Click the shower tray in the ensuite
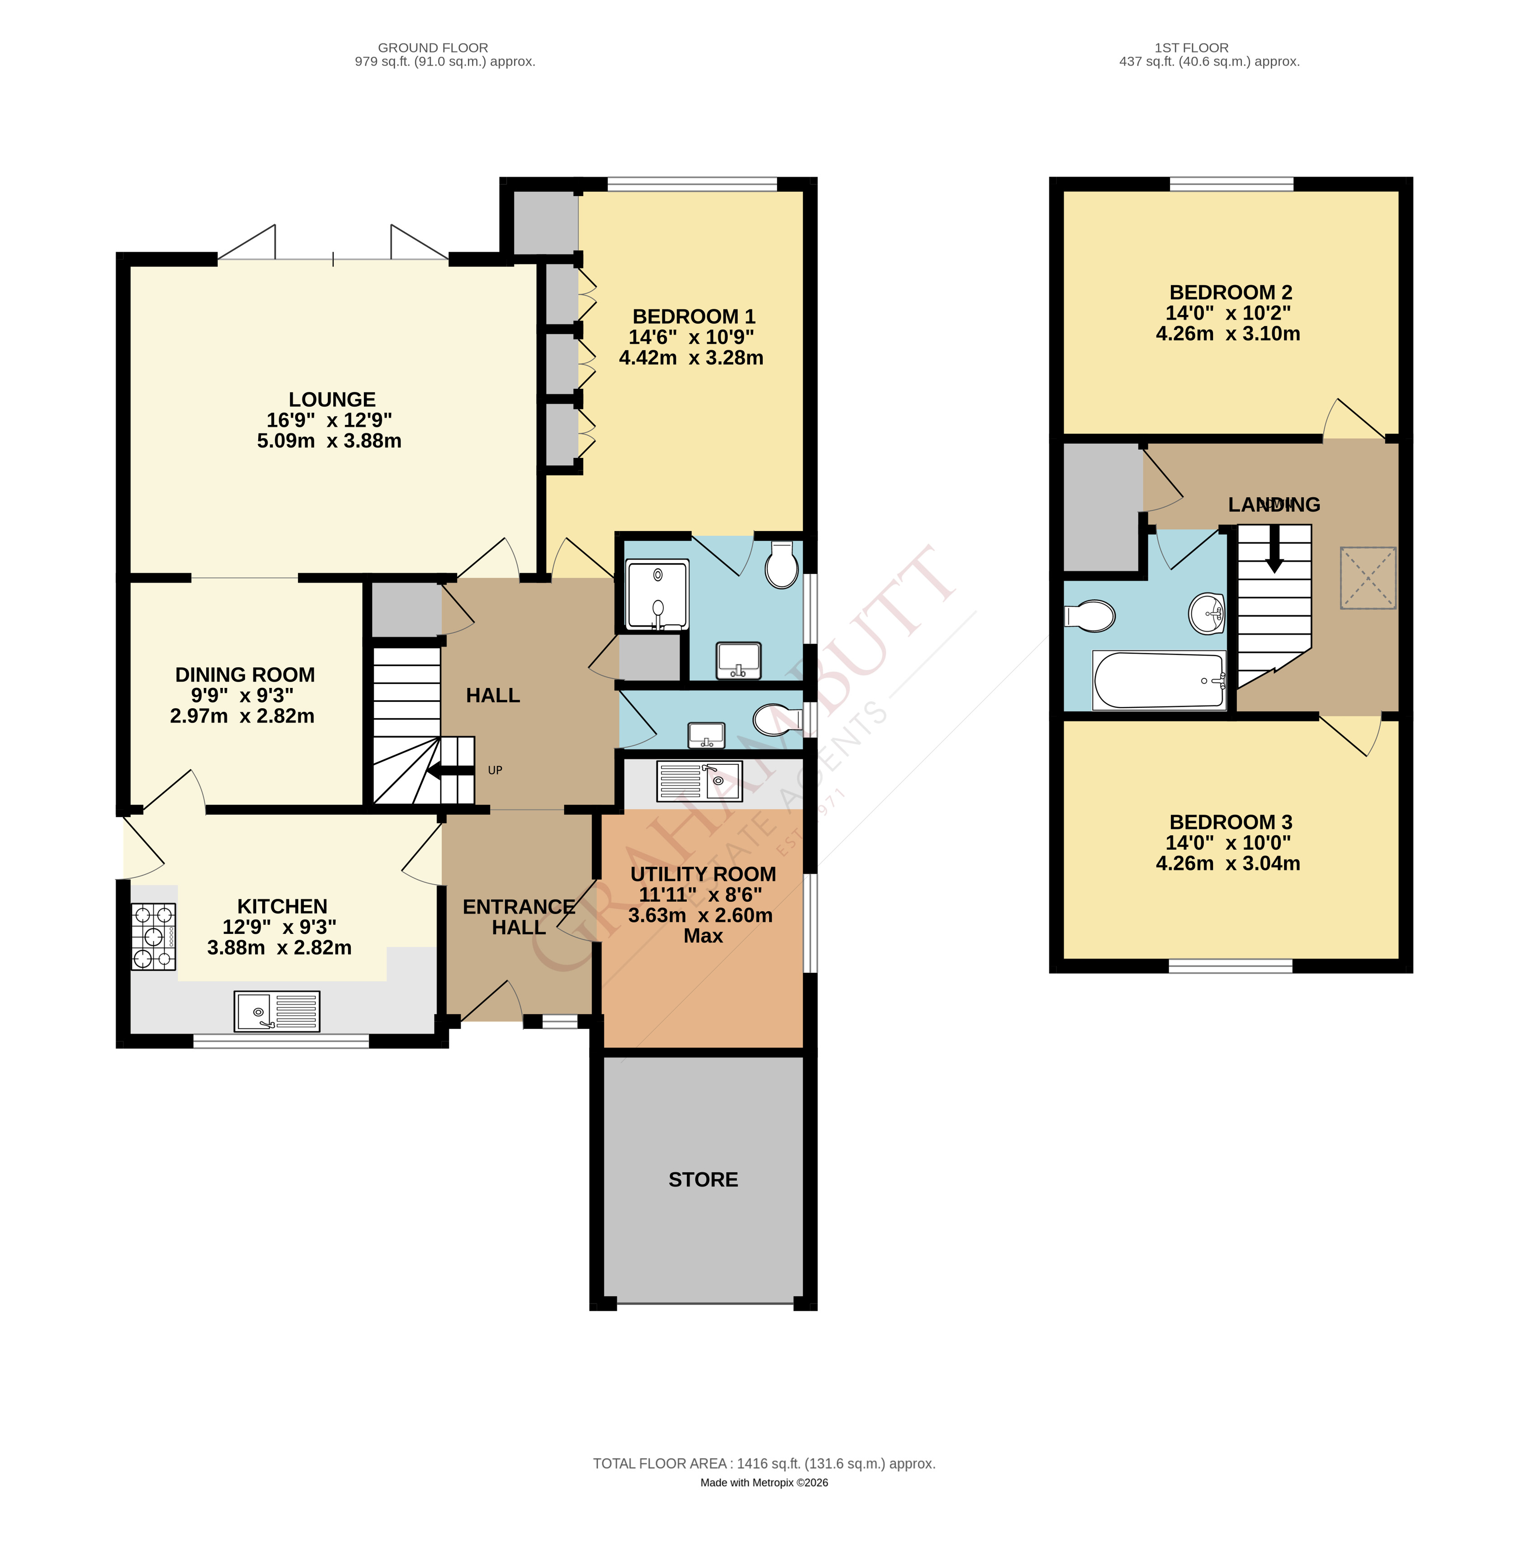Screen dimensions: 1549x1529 tap(656, 594)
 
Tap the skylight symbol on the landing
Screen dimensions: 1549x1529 tap(1367, 577)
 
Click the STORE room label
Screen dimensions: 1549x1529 tap(703, 1179)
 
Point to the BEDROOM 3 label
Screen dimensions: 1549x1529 tap(1230, 822)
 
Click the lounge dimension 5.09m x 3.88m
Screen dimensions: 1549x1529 tap(329, 441)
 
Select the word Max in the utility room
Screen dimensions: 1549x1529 tap(703, 936)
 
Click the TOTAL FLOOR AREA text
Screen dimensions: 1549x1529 tap(763, 1463)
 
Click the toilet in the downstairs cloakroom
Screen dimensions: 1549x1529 tap(777, 718)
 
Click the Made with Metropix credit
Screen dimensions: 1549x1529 tap(763, 1483)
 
